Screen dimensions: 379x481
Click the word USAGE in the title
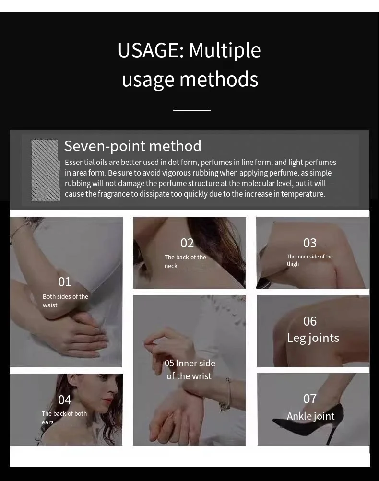tap(151, 50)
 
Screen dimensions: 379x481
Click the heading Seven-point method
tap(132, 146)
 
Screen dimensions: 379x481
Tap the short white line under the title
tap(192, 110)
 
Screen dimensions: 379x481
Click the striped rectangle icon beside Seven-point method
tap(46, 170)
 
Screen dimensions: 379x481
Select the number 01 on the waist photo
tap(65, 282)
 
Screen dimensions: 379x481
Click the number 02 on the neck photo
tap(187, 243)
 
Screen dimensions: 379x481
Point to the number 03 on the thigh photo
tap(310, 243)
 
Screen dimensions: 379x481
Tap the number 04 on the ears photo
tap(65, 400)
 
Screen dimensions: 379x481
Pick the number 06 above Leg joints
tap(310, 321)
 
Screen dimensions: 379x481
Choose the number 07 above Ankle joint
tap(310, 399)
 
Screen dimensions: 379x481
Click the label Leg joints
tap(313, 338)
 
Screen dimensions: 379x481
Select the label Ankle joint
tap(310, 416)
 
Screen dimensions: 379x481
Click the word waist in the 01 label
tap(50, 305)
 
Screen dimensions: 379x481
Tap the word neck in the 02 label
tap(171, 266)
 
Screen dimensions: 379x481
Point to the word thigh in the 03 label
tap(293, 264)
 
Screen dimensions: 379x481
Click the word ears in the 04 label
tap(47, 422)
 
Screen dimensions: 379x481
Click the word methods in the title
tap(219, 80)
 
